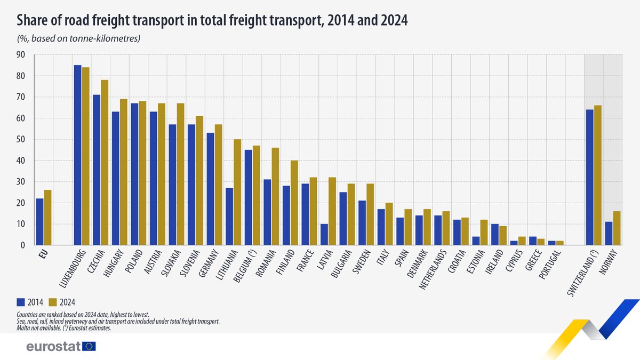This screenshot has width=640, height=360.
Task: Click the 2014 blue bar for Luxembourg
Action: tap(77, 155)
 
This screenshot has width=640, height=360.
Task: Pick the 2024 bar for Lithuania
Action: tap(238, 192)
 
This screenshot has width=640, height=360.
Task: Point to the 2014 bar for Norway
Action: tap(609, 234)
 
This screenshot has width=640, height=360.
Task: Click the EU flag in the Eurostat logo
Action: tap(89, 347)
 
